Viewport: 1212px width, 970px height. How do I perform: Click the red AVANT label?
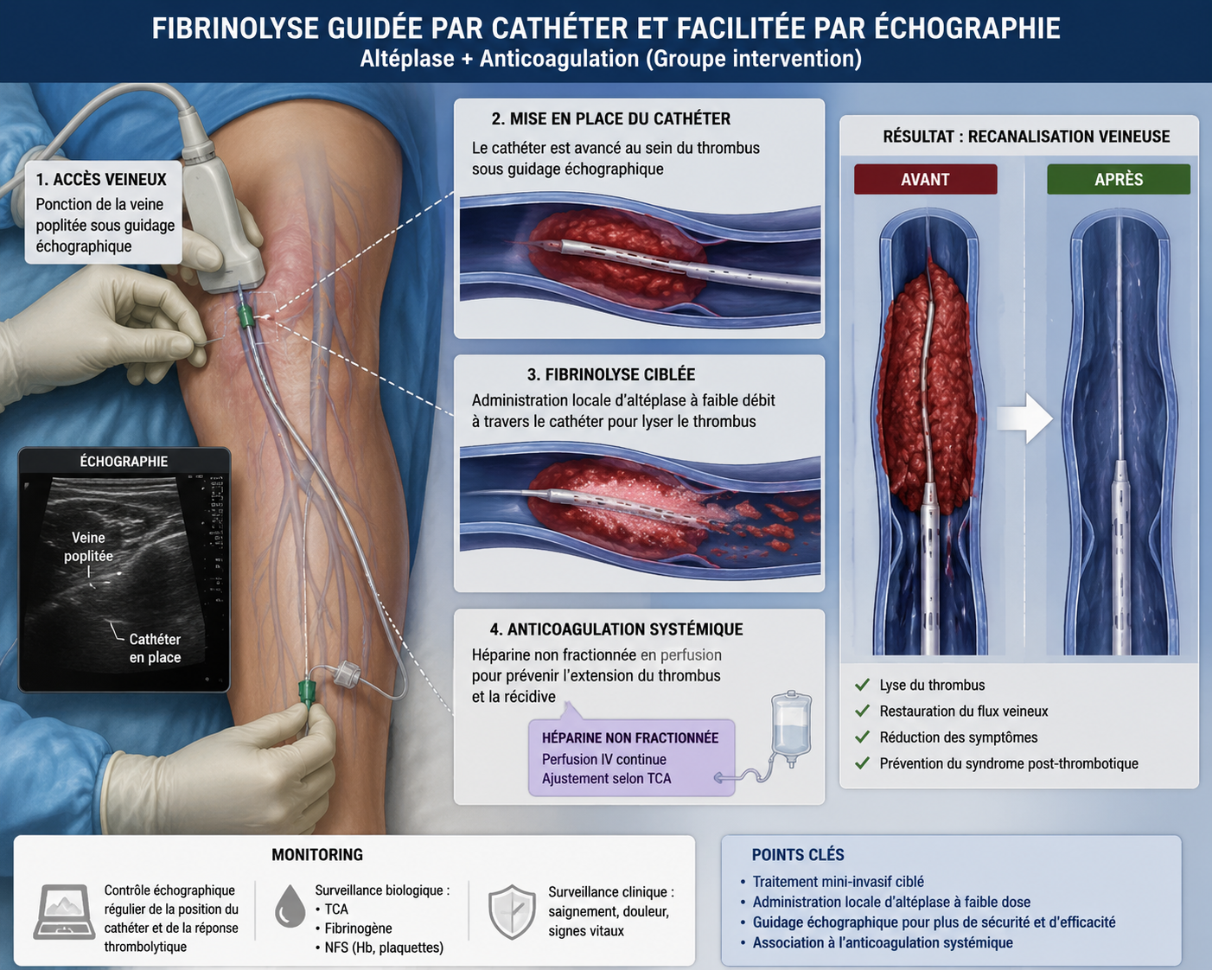925,179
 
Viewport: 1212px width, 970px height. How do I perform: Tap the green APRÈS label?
1119,179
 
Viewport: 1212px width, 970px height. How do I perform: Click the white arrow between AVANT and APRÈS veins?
1024,418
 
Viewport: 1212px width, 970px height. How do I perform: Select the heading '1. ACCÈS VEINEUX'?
101,180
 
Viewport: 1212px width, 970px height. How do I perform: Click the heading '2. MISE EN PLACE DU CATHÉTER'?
611,118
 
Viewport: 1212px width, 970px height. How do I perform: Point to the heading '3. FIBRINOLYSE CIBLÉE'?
611,374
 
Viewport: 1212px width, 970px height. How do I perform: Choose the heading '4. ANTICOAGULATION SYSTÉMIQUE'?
616,629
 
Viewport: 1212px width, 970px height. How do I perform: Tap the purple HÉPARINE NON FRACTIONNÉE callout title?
630,738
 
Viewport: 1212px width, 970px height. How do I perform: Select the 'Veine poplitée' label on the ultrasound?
88,546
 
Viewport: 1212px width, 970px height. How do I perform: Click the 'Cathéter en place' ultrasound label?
155,648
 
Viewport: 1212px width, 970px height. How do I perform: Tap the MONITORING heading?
317,854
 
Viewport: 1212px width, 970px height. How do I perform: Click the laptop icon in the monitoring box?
64,912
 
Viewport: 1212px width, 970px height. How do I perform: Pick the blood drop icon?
290,906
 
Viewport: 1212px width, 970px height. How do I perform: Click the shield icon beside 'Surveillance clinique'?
512,912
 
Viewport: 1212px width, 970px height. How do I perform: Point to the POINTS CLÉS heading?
798,854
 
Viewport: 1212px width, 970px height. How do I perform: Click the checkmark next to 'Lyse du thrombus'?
862,685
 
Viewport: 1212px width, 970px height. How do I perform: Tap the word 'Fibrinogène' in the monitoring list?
358,928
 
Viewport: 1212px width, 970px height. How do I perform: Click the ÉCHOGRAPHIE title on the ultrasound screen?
124,462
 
